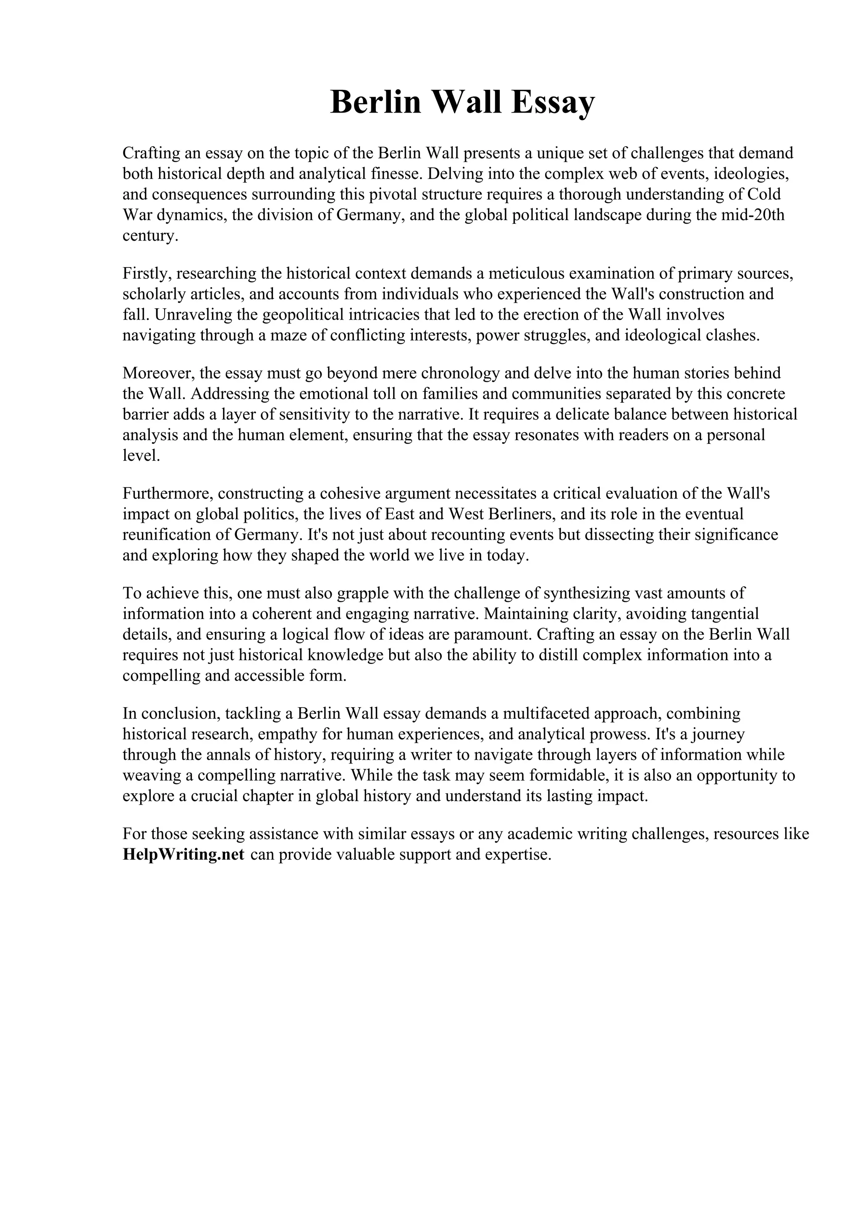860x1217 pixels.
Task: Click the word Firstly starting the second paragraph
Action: coord(147,273)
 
